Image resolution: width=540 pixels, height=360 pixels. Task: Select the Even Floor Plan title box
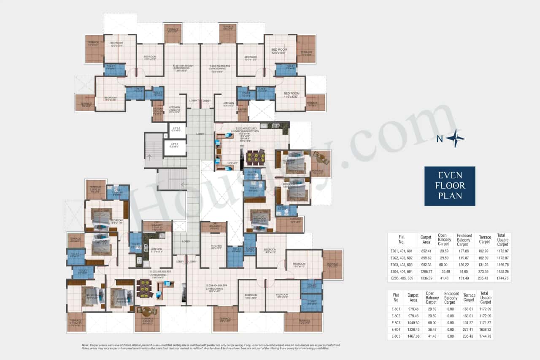450,186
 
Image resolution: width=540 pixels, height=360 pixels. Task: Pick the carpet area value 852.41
426,251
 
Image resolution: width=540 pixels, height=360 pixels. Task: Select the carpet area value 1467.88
413,336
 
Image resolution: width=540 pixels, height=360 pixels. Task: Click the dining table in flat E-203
255,157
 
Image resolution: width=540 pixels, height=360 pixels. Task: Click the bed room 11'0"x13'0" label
291,95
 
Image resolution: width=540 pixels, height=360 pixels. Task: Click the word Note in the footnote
84,345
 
